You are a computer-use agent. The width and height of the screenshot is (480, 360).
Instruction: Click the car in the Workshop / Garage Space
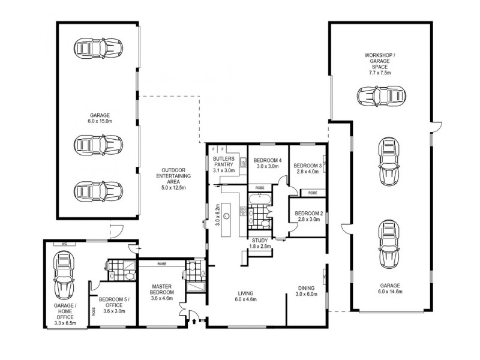pyautogui.click(x=380, y=97)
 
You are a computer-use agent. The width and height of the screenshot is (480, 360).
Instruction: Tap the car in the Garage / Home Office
pyautogui.click(x=65, y=275)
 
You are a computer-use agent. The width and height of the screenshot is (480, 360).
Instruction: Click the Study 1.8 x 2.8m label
pyautogui.click(x=260, y=243)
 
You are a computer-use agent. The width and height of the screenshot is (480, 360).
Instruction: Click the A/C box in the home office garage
pyautogui.click(x=63, y=244)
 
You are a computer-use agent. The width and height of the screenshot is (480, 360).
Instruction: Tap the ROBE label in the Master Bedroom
pyautogui.click(x=161, y=263)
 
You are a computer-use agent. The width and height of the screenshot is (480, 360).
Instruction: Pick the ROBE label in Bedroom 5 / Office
pyautogui.click(x=94, y=312)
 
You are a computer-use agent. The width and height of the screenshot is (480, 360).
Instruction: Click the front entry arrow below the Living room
pyautogui.click(x=194, y=322)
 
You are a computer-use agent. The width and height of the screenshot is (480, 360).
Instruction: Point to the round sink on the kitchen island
pyautogui.click(x=227, y=213)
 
